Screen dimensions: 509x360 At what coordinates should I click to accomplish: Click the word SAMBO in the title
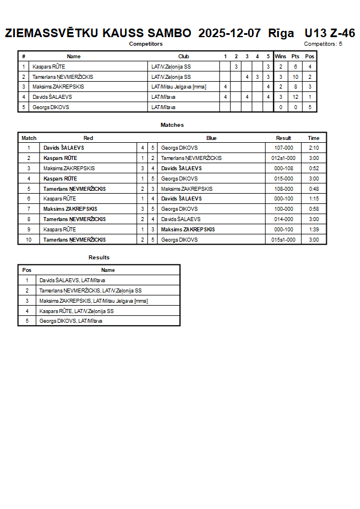(x=170, y=33)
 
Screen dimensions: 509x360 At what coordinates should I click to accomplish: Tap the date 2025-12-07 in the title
(x=230, y=33)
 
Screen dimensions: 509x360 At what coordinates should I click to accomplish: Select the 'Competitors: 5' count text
(x=323, y=44)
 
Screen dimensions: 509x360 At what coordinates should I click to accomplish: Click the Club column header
(x=183, y=57)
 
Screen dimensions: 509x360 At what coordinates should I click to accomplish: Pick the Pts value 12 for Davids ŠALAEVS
(x=295, y=97)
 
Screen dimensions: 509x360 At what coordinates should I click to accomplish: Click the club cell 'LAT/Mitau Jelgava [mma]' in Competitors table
(x=179, y=87)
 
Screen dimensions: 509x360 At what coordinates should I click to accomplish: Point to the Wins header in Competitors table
(x=281, y=57)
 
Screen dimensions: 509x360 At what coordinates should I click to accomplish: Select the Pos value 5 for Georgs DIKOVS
(x=310, y=107)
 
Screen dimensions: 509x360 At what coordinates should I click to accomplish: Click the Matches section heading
(x=172, y=125)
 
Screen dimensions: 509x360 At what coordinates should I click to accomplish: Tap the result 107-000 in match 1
(x=283, y=148)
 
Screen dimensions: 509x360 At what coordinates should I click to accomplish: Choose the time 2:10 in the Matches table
(x=314, y=148)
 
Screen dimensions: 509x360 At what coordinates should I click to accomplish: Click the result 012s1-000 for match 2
(x=283, y=158)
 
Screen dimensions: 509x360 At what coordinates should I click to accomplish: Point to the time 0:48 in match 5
(x=314, y=189)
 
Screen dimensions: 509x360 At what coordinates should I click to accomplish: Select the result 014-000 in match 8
(x=283, y=219)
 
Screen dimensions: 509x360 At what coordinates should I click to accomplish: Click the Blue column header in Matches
(x=211, y=138)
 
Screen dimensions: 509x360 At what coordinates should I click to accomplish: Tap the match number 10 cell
(x=29, y=240)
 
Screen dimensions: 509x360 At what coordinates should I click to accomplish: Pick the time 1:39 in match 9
(x=314, y=230)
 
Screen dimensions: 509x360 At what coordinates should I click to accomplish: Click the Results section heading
(x=99, y=258)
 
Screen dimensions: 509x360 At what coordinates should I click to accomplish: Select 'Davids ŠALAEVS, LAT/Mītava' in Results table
(x=72, y=280)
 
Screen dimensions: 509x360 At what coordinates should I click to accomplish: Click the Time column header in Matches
(x=314, y=138)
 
